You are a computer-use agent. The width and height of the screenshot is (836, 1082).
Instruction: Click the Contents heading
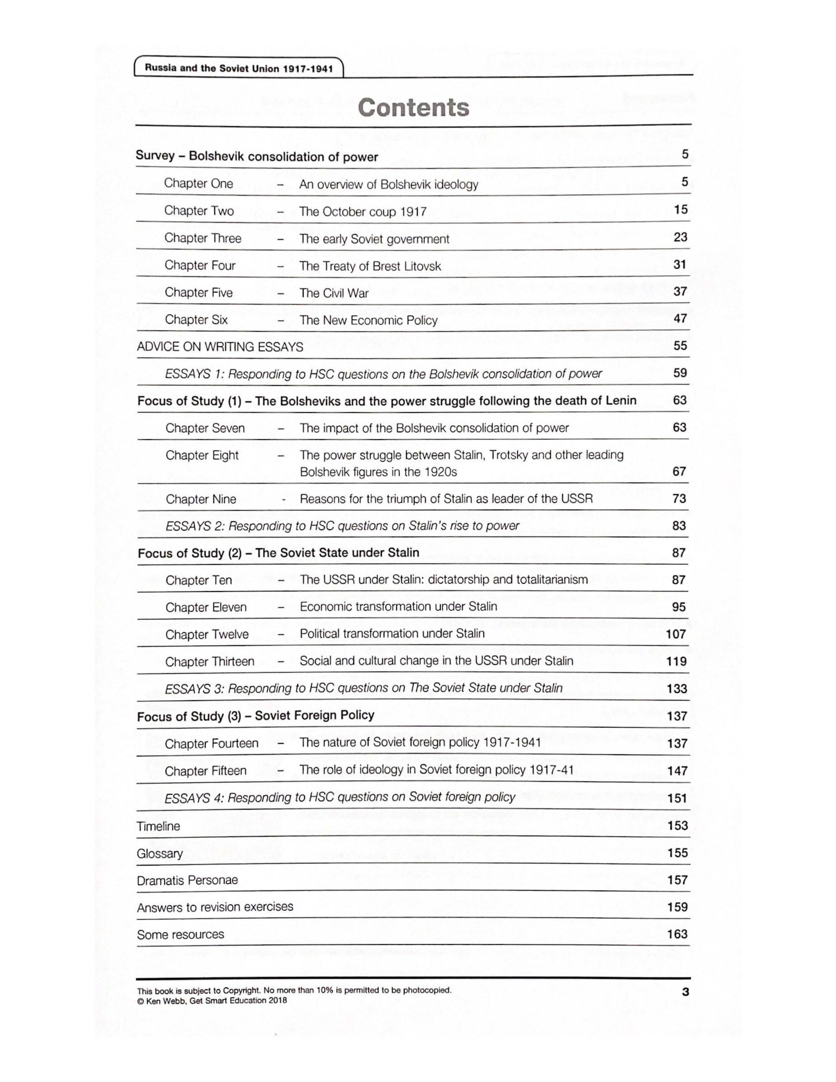413,108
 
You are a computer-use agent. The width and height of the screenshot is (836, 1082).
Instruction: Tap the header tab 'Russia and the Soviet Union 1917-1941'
238,68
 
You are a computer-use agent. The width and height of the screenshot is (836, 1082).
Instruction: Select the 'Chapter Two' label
198,211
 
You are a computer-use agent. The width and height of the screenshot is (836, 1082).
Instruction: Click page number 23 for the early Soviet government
680,237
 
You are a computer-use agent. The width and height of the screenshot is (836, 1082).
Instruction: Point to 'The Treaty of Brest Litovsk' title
370,266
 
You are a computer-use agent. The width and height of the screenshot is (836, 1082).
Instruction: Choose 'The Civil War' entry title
334,293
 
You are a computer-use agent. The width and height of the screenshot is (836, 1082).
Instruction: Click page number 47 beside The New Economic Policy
680,319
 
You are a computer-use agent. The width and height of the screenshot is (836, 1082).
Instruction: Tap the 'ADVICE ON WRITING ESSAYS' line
220,347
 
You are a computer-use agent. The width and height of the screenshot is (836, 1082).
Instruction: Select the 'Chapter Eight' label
202,455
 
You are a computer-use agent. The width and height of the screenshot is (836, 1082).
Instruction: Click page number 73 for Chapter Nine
679,499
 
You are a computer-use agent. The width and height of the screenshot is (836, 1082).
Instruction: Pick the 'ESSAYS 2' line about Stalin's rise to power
342,526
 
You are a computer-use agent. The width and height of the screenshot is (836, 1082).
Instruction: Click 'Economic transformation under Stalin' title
398,606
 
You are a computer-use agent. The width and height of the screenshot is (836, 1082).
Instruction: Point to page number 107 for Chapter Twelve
676,634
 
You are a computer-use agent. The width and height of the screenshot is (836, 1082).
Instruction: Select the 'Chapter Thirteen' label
209,661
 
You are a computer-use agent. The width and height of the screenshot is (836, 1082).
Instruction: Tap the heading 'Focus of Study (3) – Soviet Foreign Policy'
256,716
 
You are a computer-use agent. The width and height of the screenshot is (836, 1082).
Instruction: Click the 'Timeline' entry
158,826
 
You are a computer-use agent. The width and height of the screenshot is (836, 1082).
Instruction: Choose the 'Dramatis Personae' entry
187,880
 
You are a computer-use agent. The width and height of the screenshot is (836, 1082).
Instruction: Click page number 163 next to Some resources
677,934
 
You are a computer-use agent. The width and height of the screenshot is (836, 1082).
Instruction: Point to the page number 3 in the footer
686,992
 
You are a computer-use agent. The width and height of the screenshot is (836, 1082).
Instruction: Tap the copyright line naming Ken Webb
212,1000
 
